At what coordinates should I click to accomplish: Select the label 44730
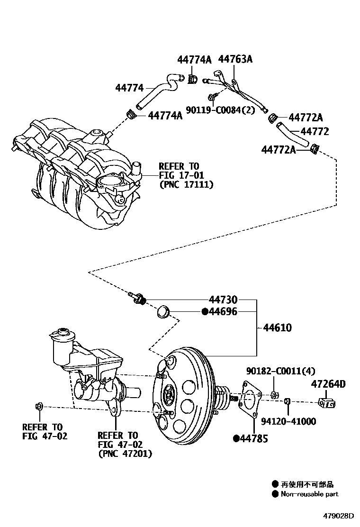223,300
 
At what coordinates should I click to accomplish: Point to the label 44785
253,439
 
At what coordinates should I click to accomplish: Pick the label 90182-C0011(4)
280,371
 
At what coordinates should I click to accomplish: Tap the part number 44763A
235,59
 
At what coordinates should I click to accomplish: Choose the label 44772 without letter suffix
308,132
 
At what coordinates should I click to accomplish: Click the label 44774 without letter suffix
129,88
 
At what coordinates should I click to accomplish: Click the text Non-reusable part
309,494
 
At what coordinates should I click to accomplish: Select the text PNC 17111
186,184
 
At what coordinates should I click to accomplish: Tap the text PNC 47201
125,454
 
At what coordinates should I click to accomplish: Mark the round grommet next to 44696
164,312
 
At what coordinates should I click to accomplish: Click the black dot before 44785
236,439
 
